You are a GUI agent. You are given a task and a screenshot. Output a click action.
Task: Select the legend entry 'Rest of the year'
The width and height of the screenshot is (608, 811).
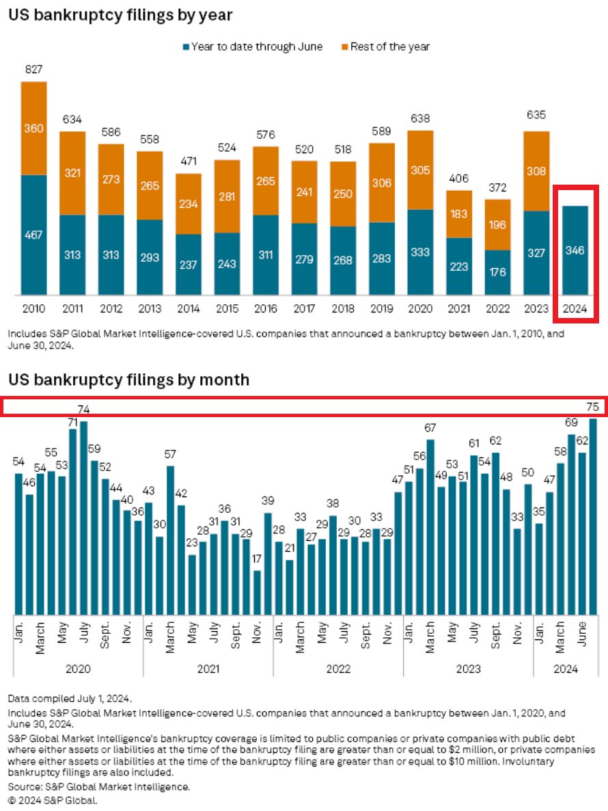click(390, 46)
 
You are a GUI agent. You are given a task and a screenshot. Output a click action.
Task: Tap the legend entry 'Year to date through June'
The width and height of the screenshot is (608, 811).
click(257, 46)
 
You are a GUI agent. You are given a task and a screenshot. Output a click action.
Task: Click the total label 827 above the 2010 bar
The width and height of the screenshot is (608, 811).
click(33, 70)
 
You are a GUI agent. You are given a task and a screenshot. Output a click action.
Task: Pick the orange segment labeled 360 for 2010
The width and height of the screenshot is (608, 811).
click(33, 129)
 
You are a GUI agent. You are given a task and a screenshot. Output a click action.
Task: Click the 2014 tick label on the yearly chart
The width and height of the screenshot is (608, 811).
click(188, 309)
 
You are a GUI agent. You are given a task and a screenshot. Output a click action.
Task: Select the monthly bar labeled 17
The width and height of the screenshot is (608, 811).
click(257, 592)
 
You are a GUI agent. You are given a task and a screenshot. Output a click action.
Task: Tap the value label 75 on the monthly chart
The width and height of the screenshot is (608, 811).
click(592, 407)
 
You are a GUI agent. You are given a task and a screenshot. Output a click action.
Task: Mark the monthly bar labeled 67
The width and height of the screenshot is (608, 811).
click(430, 527)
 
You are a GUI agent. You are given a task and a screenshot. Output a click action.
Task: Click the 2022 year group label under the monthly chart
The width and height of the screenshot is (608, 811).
click(338, 669)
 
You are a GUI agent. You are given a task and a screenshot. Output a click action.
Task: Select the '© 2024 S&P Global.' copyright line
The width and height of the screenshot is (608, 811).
click(53, 800)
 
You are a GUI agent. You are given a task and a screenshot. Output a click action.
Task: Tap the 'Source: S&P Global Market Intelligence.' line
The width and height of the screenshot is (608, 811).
click(99, 788)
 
